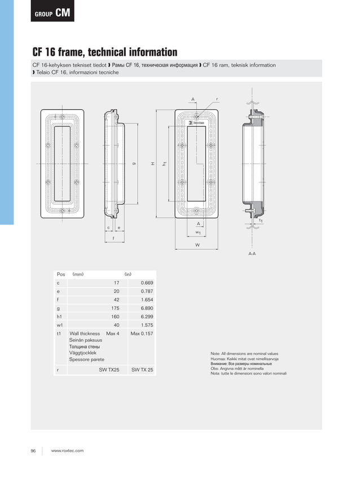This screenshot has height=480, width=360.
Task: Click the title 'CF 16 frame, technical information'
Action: (104, 52)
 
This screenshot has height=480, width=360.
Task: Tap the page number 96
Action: (33, 451)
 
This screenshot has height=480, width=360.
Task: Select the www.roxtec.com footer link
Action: (67, 451)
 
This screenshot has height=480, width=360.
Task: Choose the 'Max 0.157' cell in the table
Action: (142, 334)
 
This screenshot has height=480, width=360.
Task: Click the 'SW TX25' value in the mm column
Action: (109, 370)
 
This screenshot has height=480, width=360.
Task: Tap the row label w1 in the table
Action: (59, 325)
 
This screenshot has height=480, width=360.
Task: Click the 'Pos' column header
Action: (61, 274)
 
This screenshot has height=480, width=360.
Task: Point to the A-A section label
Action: (252, 254)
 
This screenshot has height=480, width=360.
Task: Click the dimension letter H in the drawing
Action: (152, 164)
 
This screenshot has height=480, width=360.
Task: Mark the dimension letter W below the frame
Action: (197, 245)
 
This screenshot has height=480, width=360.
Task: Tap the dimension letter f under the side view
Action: (113, 239)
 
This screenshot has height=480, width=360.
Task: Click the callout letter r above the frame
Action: (217, 99)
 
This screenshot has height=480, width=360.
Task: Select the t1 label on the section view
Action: (261, 221)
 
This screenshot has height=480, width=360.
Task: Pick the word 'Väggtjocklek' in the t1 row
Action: (82, 353)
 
